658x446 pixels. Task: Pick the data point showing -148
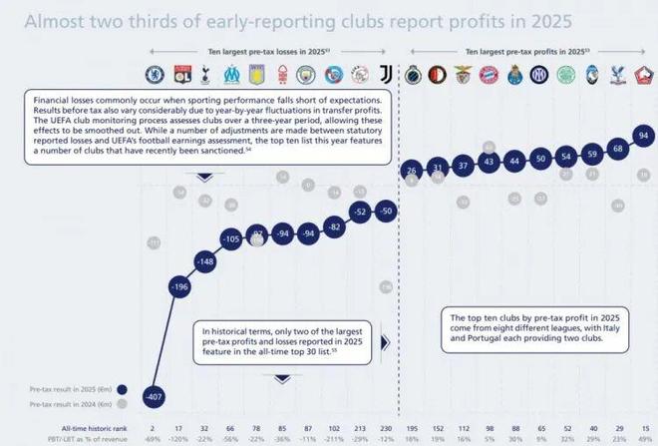[206, 262]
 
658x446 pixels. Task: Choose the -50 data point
[388, 211]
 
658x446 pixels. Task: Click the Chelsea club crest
[155, 73]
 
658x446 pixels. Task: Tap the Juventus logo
[387, 73]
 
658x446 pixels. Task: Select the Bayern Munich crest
[489, 73]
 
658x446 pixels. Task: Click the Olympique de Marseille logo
[232, 73]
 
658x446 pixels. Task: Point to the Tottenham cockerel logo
[206, 73]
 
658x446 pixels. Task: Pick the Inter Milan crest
[540, 73]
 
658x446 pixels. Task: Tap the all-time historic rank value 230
[387, 426]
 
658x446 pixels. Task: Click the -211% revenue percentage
[335, 439]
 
